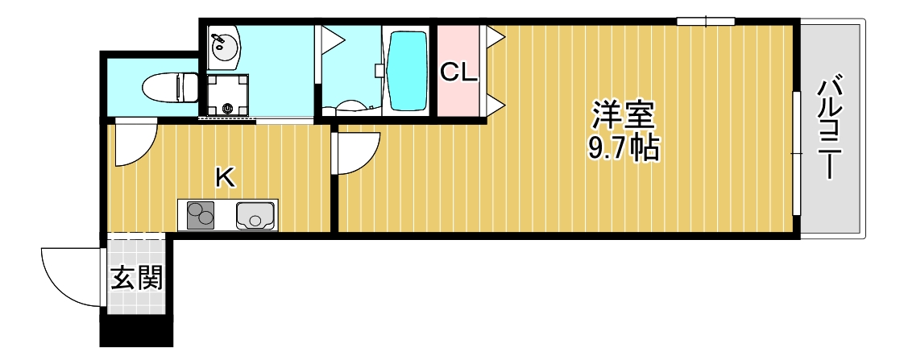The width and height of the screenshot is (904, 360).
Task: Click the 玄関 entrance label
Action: tap(136, 278)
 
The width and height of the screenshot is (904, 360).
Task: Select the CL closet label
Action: tap(458, 72)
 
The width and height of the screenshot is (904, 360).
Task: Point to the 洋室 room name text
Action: tap(623, 116)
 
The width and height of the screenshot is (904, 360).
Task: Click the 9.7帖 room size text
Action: tap(623, 148)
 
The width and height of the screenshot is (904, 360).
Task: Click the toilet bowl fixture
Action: tap(170, 86)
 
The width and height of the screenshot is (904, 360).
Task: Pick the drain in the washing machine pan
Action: tap(227, 107)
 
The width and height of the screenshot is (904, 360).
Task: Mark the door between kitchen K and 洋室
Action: tap(355, 153)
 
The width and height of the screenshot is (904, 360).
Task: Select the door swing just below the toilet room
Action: tap(134, 143)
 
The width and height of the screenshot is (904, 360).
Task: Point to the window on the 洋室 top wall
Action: tap(705, 21)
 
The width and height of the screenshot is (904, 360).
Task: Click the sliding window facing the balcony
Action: tap(796, 153)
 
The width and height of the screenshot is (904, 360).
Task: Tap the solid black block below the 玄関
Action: tap(135, 332)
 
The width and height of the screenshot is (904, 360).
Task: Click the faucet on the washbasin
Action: tap(217, 37)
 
